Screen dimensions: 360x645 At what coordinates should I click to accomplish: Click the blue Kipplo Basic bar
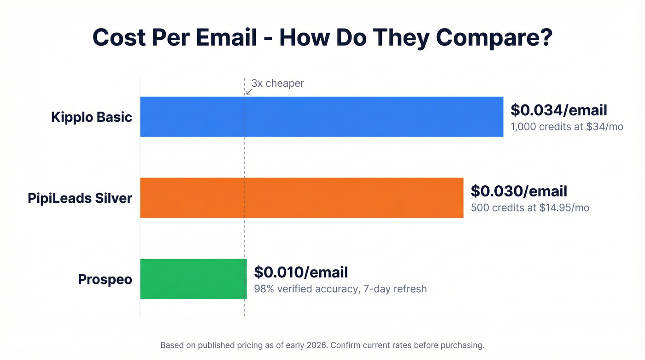(x=321, y=117)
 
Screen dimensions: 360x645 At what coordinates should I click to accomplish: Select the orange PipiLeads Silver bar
(x=301, y=198)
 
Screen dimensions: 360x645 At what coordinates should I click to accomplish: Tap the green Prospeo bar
(x=193, y=279)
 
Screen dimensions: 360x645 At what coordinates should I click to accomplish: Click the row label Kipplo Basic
(x=92, y=117)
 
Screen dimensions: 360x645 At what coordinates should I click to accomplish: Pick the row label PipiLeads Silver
(x=80, y=198)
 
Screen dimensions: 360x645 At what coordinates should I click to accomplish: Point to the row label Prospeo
(x=105, y=279)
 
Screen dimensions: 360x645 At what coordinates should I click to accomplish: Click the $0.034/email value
(x=558, y=110)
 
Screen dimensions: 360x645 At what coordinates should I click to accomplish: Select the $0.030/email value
(x=519, y=191)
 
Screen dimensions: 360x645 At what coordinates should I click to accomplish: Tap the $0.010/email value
(x=301, y=272)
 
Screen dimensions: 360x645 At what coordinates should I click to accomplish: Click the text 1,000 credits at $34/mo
(x=567, y=126)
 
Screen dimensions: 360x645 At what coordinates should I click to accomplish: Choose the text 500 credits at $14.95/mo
(x=530, y=207)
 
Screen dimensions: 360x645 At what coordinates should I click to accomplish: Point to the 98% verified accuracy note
(x=340, y=289)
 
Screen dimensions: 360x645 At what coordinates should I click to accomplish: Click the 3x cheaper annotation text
(x=278, y=83)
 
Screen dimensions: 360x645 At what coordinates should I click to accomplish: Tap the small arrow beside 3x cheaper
(x=249, y=91)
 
